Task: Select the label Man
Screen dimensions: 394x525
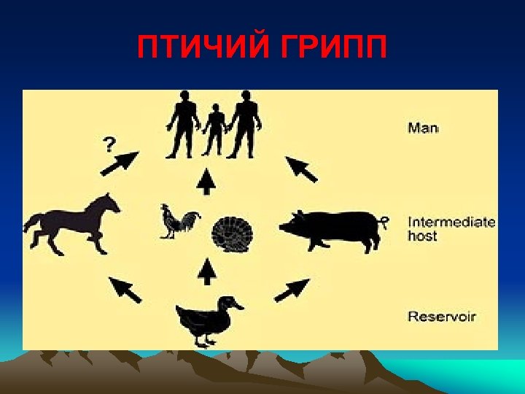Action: (x=423, y=128)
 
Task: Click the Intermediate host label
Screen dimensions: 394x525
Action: (x=451, y=228)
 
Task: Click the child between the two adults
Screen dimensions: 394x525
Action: (x=214, y=131)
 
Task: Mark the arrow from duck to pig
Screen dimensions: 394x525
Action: (x=292, y=289)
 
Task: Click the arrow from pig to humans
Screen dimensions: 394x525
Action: (x=300, y=169)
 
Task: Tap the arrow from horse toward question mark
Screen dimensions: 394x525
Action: (x=118, y=164)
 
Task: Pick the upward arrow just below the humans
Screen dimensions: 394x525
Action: (x=208, y=181)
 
